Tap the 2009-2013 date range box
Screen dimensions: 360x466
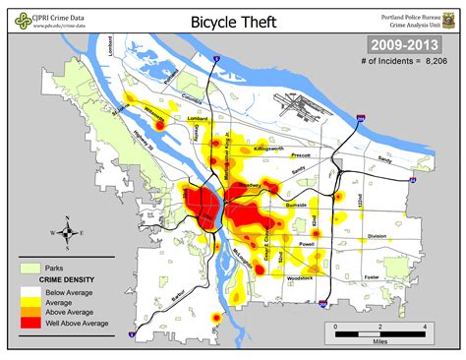[404, 44]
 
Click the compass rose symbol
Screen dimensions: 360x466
[67, 233]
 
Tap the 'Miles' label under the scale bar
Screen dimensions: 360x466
[380, 343]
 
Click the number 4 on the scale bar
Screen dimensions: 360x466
[424, 324]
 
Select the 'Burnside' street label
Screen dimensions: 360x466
[296, 205]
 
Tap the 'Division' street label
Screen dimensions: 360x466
[377, 236]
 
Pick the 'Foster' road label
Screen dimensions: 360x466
[371, 277]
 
